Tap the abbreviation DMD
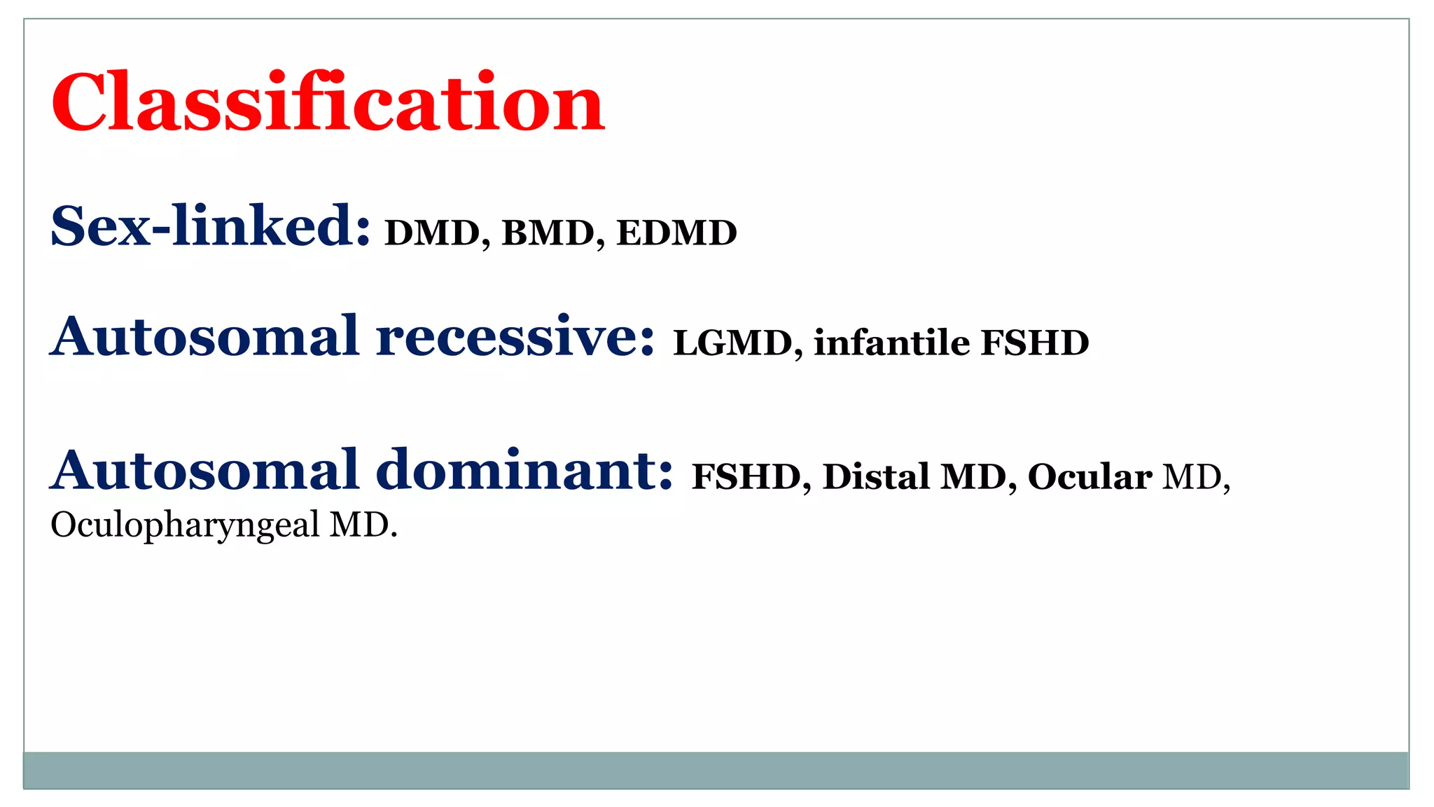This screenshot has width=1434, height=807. click(432, 233)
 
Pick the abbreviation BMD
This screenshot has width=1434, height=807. click(548, 233)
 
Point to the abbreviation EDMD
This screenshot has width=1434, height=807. click(676, 233)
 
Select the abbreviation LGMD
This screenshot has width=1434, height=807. click(732, 343)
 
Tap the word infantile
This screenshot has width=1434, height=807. click(891, 343)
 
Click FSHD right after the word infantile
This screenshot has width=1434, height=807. click(1035, 343)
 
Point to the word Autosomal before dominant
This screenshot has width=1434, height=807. click(204, 470)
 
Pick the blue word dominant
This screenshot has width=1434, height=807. click(525, 470)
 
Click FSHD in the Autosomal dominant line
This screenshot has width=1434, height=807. click(746, 477)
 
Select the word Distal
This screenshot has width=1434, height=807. click(876, 477)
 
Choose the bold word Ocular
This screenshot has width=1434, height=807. click(1090, 477)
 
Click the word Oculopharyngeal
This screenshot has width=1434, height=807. click(185, 525)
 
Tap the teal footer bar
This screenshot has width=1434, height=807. click(716, 770)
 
